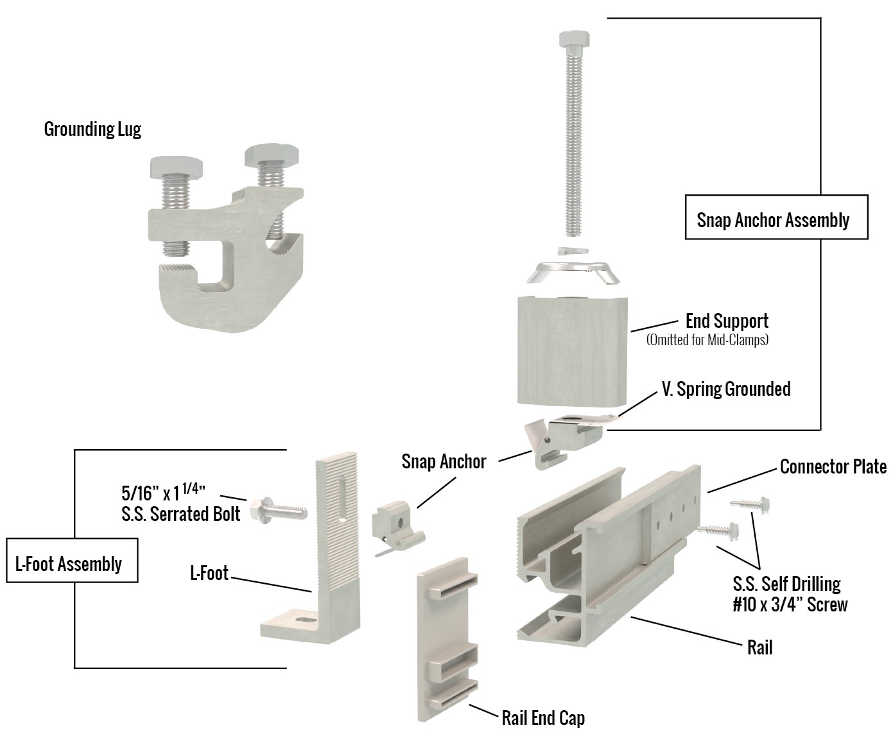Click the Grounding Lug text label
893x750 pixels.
[x=92, y=129]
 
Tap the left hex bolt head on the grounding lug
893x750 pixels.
[x=176, y=167]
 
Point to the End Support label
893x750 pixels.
[x=726, y=321]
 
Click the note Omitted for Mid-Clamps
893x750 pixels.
[x=707, y=340]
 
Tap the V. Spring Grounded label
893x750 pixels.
[x=725, y=389]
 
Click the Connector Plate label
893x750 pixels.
[x=833, y=466]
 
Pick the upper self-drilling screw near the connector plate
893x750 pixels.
[x=752, y=504]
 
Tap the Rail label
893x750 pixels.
[x=759, y=647]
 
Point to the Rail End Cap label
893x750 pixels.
[x=543, y=717]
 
